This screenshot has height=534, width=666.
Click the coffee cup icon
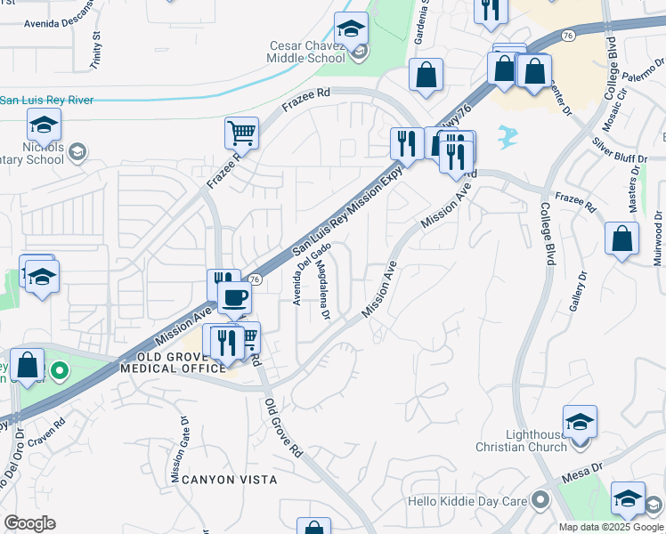click(x=234, y=298)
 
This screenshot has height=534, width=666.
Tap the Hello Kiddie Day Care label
click(x=467, y=501)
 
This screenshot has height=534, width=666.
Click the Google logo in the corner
click(x=29, y=523)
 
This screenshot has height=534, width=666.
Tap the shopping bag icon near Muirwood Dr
click(x=622, y=239)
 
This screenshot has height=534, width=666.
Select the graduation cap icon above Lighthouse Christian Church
click(x=580, y=422)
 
